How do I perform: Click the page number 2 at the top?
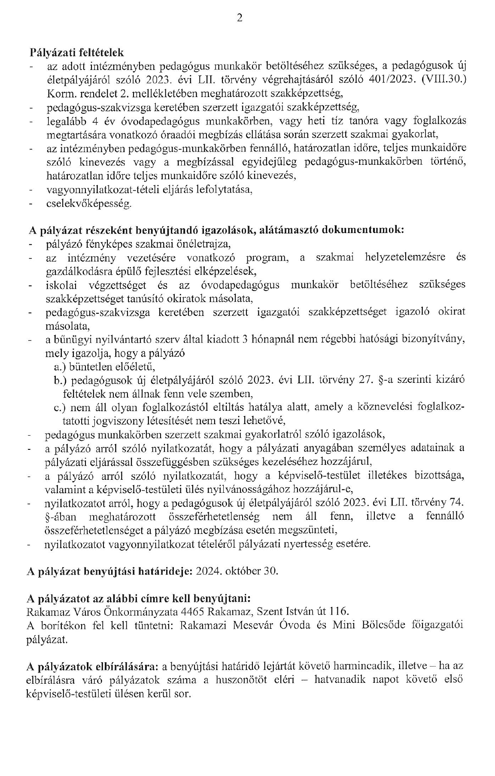240,18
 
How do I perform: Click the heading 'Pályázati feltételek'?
77,53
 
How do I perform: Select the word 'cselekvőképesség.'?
89,203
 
